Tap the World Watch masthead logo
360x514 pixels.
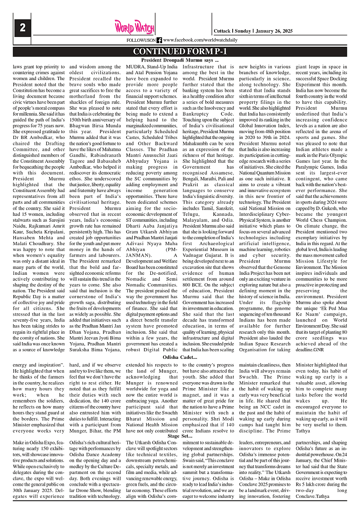(128, 27)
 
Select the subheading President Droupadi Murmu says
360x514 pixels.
(180, 60)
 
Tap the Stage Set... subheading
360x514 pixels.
(180, 436)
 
